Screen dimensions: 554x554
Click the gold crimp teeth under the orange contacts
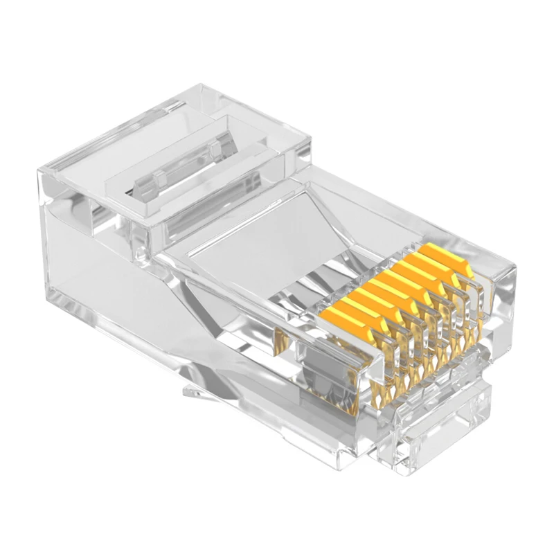(402, 360)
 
